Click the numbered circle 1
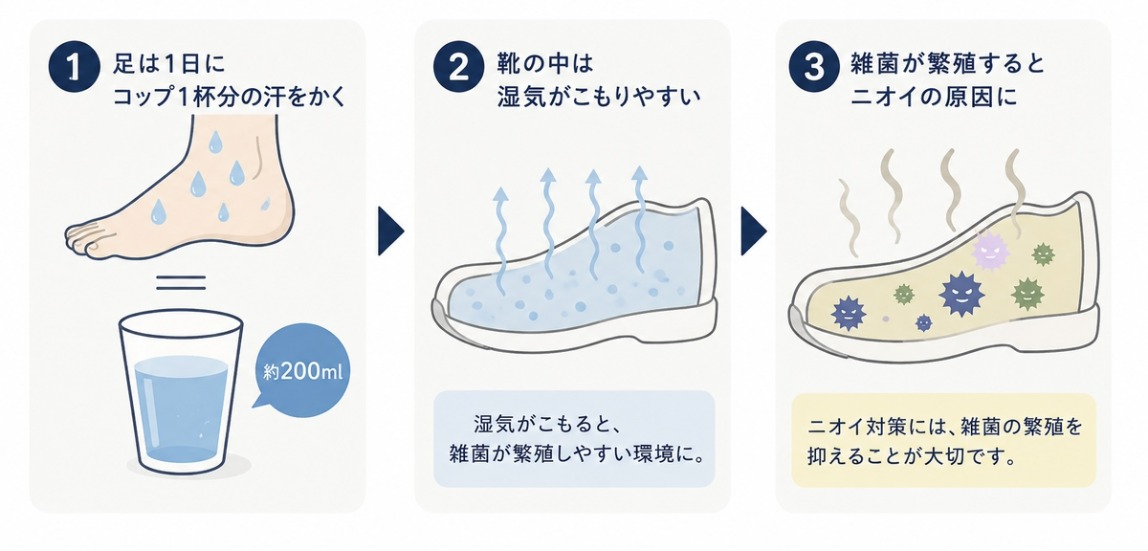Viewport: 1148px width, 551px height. (x=74, y=67)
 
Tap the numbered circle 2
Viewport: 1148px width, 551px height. (x=458, y=67)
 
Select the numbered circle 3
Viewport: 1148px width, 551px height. (x=814, y=67)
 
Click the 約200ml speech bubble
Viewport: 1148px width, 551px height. (x=302, y=370)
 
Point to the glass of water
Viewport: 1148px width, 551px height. (x=181, y=392)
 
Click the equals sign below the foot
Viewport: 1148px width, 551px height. (x=181, y=282)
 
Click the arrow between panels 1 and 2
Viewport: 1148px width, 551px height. (x=391, y=231)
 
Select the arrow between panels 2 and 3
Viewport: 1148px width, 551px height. (x=754, y=231)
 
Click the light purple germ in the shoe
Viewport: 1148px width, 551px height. (x=990, y=251)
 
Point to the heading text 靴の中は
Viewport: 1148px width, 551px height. (x=545, y=63)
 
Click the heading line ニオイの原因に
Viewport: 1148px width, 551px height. (x=934, y=97)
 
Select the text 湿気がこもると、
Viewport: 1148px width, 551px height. (x=547, y=425)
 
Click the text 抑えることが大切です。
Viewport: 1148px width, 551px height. (x=912, y=455)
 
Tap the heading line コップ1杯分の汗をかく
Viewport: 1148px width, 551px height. (x=229, y=97)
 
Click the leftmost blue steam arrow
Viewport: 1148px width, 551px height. (x=500, y=241)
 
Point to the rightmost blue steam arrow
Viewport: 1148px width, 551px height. (x=640, y=219)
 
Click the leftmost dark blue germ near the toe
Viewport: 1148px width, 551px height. (x=849, y=313)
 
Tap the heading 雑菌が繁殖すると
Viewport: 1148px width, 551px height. (x=948, y=63)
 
